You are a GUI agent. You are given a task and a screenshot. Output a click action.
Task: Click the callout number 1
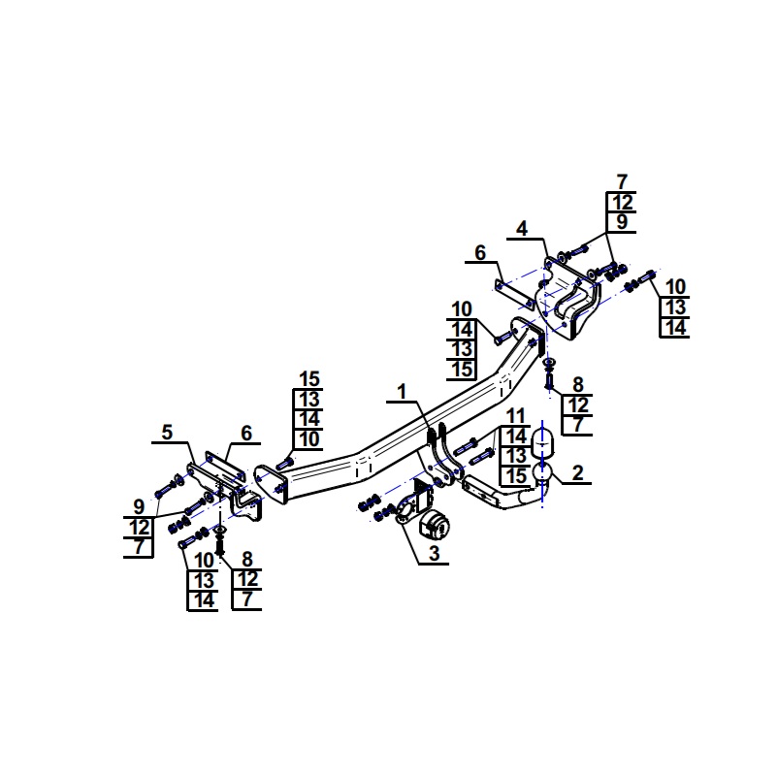(402, 392)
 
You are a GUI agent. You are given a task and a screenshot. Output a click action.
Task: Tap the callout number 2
(577, 473)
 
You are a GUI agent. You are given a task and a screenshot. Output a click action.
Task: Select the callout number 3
(434, 553)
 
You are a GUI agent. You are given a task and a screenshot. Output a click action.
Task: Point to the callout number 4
(522, 229)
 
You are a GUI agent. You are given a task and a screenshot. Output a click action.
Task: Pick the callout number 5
(167, 432)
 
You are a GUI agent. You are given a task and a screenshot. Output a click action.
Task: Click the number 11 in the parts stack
(516, 416)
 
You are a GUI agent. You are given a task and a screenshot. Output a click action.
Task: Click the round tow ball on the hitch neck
(542, 472)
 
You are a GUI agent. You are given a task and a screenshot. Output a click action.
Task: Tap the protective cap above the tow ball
(542, 444)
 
